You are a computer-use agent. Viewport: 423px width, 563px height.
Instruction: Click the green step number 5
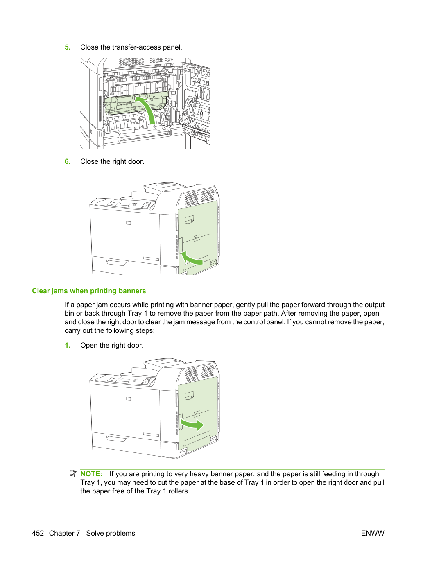(x=68, y=47)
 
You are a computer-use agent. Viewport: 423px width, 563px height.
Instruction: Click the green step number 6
(x=68, y=161)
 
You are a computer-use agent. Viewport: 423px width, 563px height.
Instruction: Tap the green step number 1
(x=68, y=345)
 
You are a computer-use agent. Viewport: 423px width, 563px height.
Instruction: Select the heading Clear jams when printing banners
(x=89, y=291)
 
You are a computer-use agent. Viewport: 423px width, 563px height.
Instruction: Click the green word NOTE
(x=91, y=474)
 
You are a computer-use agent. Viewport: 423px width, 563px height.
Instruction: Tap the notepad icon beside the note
(x=73, y=474)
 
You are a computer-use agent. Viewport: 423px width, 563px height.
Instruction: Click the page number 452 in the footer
(x=38, y=533)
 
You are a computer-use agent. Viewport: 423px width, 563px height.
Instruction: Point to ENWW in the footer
(x=373, y=533)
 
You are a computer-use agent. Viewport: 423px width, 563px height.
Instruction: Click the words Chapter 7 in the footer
(x=65, y=533)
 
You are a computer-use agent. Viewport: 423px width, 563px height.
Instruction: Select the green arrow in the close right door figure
(x=191, y=258)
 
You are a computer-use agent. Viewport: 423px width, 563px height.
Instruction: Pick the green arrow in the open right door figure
(x=192, y=425)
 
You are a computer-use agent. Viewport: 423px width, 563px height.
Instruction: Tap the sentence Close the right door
(x=112, y=161)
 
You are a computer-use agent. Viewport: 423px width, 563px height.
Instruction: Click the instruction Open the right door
(x=112, y=345)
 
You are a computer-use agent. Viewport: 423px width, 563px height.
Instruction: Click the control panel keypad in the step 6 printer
(x=147, y=205)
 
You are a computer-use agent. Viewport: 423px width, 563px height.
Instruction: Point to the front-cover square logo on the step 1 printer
(x=128, y=399)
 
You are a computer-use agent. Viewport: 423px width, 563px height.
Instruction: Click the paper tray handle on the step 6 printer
(x=117, y=262)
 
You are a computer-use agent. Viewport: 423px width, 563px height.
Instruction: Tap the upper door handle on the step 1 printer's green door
(x=189, y=395)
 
